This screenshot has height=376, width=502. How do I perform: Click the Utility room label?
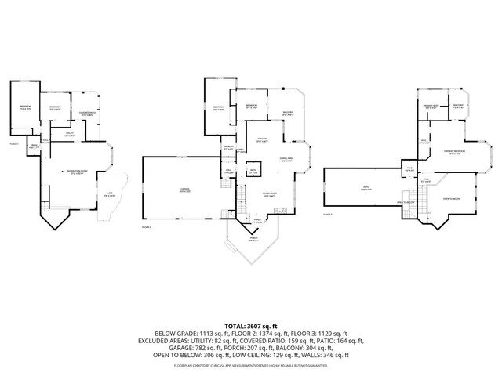(x=69, y=134)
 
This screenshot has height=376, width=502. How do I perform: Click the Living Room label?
(x=269, y=196)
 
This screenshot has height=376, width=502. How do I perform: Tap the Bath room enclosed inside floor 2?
(x=253, y=171)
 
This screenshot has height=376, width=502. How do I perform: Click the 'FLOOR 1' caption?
(x=14, y=143)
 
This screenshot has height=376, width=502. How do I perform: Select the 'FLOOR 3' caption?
(x=328, y=213)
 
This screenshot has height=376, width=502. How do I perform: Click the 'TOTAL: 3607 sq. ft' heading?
(x=251, y=324)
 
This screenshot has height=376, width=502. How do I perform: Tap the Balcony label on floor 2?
(x=287, y=114)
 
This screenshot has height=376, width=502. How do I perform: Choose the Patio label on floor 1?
(x=105, y=196)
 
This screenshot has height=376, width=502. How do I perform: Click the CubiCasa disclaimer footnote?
(x=251, y=365)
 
